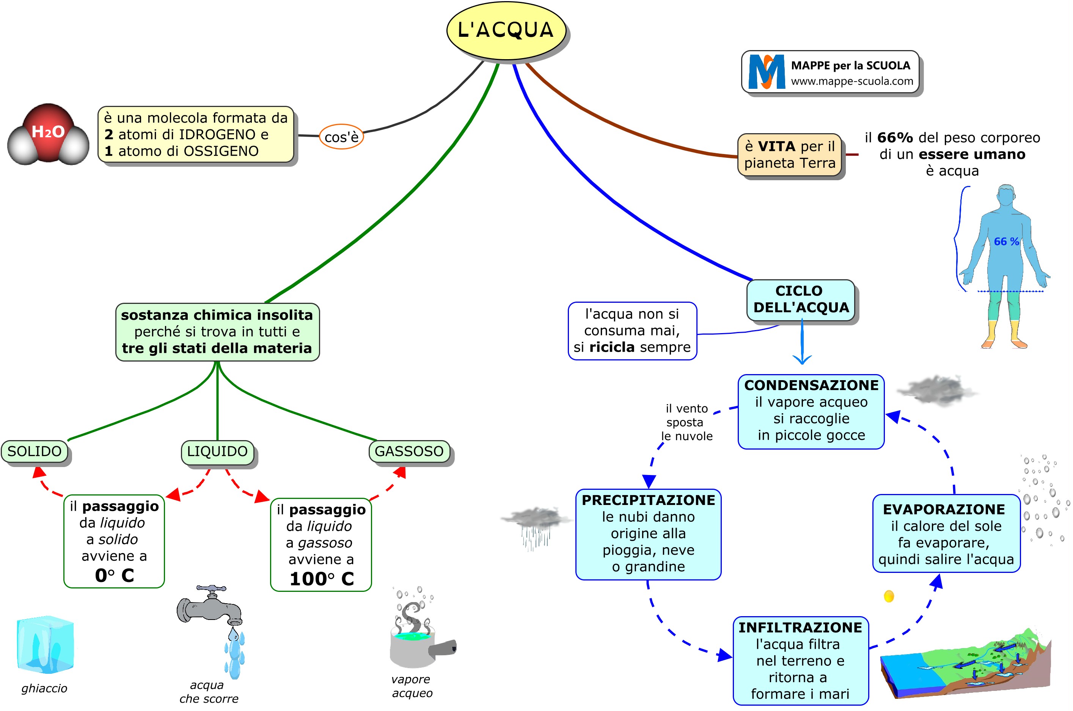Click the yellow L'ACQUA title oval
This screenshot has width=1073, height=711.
pyautogui.click(x=506, y=30)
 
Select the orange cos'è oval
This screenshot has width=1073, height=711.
pyautogui.click(x=341, y=137)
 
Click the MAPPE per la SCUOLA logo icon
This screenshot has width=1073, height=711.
pyautogui.click(x=766, y=72)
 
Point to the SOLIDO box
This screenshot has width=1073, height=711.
pyautogui.click(x=35, y=451)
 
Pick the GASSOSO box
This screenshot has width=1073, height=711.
pyautogui.click(x=409, y=451)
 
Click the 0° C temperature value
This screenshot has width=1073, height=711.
pyautogui.click(x=114, y=576)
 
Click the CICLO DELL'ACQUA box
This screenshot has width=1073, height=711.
pyautogui.click(x=801, y=299)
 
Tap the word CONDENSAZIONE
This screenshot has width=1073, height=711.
pyautogui.click(x=811, y=385)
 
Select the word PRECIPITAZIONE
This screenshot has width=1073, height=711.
pyautogui.click(x=648, y=500)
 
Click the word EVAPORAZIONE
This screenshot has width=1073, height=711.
pyautogui.click(x=944, y=509)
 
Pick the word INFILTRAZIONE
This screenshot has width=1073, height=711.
pyautogui.click(x=800, y=628)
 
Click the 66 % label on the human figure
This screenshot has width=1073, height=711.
pyautogui.click(x=1006, y=242)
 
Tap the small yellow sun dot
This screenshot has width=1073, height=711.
pyautogui.click(x=889, y=596)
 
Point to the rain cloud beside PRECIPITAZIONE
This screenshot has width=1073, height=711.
pyautogui.click(x=535, y=526)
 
